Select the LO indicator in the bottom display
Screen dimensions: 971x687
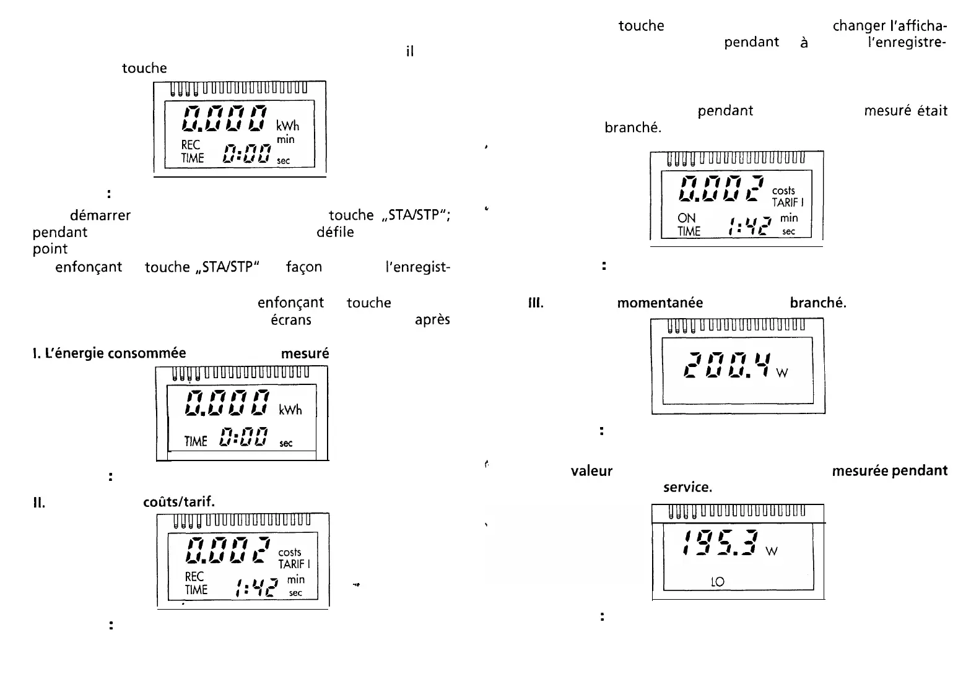click(718, 582)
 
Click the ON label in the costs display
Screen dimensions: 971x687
click(687, 218)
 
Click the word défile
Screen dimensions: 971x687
click(335, 232)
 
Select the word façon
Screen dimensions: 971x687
click(304, 267)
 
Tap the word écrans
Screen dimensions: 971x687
click(291, 320)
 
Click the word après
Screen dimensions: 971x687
click(432, 320)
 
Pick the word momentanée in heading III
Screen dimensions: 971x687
click(660, 303)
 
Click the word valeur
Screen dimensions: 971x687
click(591, 471)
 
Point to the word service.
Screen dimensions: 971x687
click(687, 487)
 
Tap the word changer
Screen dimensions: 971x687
click(858, 26)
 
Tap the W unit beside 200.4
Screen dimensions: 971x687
click(782, 373)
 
